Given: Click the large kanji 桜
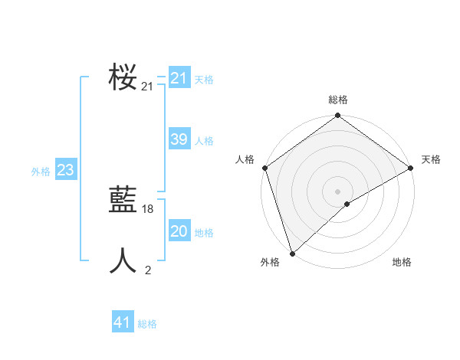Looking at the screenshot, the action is [x=123, y=77].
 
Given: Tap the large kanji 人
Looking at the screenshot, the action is [x=123, y=261].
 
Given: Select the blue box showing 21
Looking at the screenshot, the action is [x=179, y=78].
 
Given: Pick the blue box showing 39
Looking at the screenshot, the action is [x=179, y=139].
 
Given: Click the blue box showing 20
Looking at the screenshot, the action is [x=179, y=231].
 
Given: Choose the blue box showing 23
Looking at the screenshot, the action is [x=65, y=170].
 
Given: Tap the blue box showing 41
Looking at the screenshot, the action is [x=123, y=323].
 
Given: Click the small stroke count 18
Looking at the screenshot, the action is [x=148, y=209].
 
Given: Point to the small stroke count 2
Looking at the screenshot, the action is [x=148, y=270].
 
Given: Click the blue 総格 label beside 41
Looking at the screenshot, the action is [x=147, y=325].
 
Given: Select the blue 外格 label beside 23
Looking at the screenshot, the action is [x=41, y=172].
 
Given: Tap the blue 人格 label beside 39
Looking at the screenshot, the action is [x=204, y=141].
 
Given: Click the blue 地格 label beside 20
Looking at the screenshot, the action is [x=204, y=233].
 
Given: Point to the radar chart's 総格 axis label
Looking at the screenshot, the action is [x=338, y=100].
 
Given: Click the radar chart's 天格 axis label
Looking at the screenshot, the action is [x=431, y=159].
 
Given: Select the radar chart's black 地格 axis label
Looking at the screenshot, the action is [x=402, y=262].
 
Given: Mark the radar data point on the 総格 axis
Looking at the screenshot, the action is [x=338, y=116].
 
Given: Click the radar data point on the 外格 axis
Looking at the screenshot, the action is [x=292, y=253].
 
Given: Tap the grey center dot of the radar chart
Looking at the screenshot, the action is [x=338, y=191].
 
